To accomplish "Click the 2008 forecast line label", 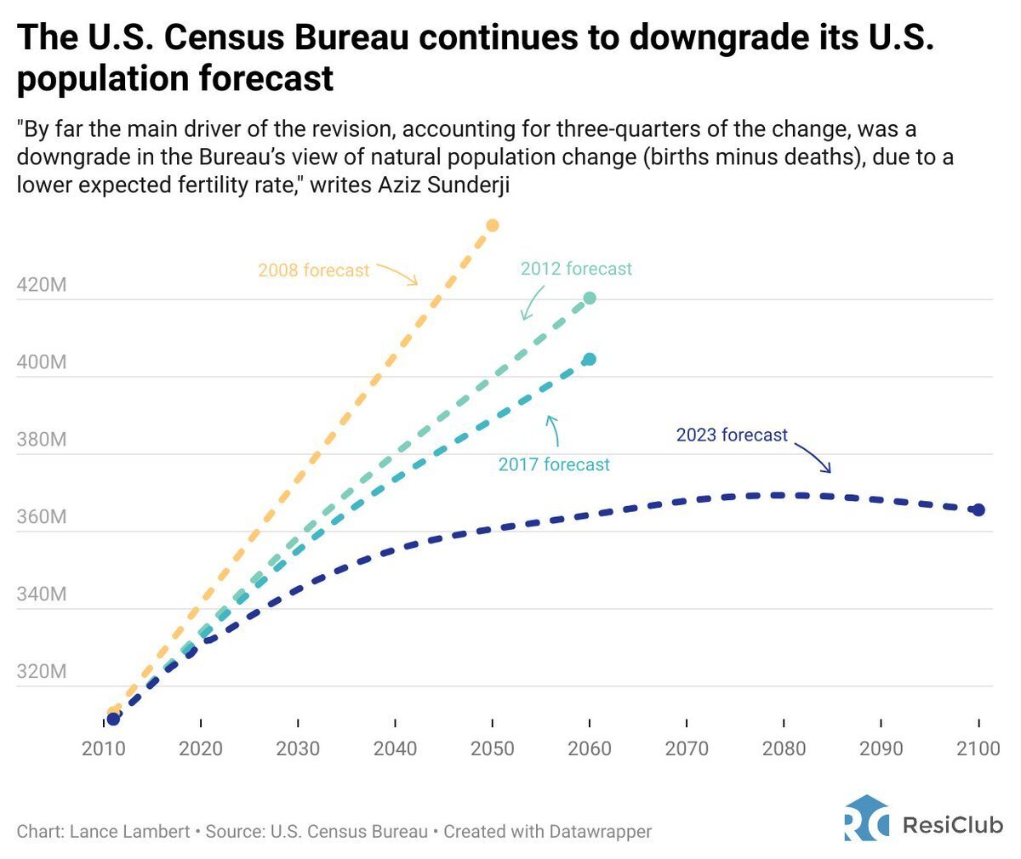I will [x=314, y=270].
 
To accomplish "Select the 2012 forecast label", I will [x=576, y=269].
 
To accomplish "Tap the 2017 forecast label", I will [x=554, y=464].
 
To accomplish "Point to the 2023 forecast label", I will [x=732, y=435].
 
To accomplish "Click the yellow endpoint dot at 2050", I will [x=492, y=225].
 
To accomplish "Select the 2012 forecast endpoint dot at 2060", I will [x=590, y=298].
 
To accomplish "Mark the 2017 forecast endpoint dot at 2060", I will [x=590, y=359].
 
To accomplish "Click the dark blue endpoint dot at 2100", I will [x=978, y=509].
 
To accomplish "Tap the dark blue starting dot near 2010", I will [x=113, y=719].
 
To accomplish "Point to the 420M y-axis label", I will [x=41, y=285].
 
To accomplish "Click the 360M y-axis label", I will [x=41, y=517].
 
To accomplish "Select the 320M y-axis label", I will [x=41, y=672].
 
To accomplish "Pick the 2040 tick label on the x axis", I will [x=395, y=748].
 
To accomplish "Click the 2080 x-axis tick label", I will [x=784, y=748].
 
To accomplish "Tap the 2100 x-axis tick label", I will [x=978, y=748].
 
